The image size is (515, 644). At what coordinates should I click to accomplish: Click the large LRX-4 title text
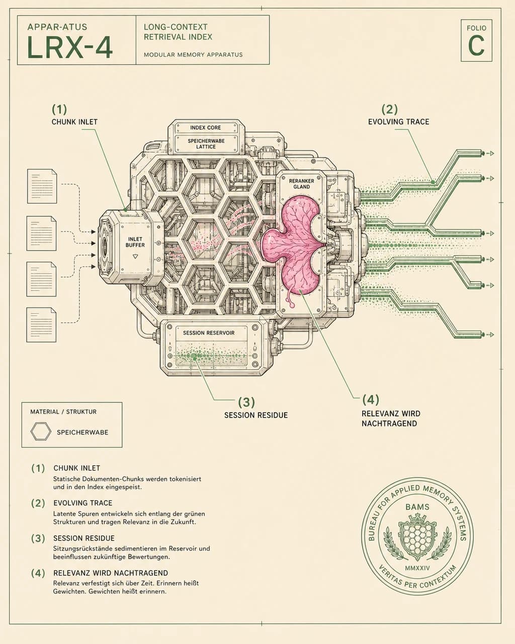pos(70,47)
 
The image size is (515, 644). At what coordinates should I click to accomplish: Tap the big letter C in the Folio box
pos(476,46)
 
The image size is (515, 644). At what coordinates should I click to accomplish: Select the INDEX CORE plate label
pos(206,127)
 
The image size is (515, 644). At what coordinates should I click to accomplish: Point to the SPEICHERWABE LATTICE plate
pos(206,144)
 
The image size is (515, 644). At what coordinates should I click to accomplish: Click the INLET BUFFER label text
pos(135,242)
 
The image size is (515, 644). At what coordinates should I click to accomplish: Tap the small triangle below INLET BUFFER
pos(135,257)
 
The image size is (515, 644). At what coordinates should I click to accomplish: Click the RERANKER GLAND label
pos(302,184)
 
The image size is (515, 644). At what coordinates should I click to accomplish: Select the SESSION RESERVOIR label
pos(209,333)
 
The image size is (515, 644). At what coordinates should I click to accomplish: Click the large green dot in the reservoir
pos(194,356)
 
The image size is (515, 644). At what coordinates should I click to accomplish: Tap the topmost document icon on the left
pos(42,186)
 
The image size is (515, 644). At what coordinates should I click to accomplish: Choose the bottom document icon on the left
pos(41,325)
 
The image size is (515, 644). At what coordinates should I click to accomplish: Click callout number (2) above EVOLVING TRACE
pos(390,109)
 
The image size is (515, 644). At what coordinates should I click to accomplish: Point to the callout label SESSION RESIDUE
pos(256,415)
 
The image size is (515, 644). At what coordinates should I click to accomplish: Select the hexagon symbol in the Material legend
pos(41,431)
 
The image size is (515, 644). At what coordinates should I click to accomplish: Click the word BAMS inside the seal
pos(417,507)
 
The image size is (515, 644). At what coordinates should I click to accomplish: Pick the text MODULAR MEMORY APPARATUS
pos(193,55)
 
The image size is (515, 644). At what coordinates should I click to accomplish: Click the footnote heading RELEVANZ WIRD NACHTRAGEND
pos(111,573)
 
